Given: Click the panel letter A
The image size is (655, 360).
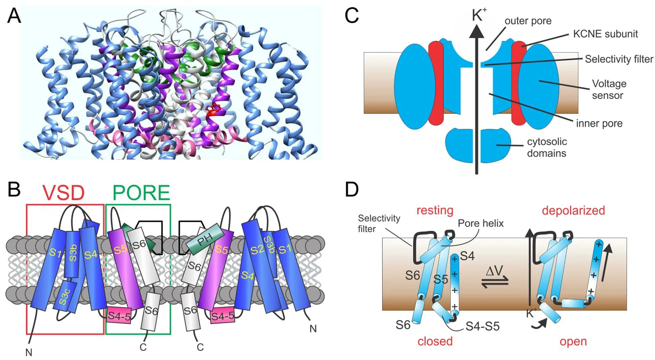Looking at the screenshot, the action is coord(14,16).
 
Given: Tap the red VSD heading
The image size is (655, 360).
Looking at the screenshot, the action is coord(63,193).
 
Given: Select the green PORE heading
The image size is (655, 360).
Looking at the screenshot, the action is coord(141,193).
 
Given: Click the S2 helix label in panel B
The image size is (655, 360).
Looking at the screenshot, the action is coord(257,250).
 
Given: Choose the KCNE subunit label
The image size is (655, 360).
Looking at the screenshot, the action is coord(605,34).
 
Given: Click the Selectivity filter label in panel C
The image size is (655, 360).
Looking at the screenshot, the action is coord(619,59).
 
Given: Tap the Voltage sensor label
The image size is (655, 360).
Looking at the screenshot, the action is coord(609,89).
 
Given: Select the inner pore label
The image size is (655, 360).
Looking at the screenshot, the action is coord(599,123).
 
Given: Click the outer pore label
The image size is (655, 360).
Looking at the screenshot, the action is coord(528,21).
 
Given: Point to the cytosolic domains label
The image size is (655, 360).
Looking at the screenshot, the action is coord(547,147).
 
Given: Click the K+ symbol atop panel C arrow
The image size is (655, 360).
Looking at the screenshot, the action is coord(479,15).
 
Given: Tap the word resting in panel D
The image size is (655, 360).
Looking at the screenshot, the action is coord(435,210).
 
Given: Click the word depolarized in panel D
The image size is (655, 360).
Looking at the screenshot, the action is coord(573,210).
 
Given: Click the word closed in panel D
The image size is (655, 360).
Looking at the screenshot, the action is coord(435,341).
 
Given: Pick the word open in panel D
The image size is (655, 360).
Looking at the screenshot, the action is coord(573,341).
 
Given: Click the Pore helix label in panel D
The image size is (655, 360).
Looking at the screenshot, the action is coord(481,223).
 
